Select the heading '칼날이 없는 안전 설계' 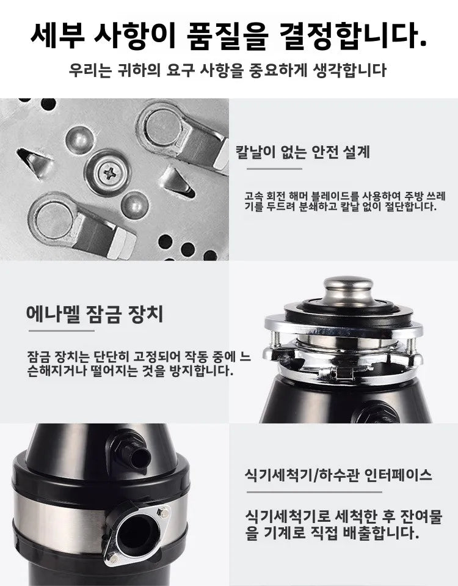point(303,152)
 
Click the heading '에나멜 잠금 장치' point(95,315)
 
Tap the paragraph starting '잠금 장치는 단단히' point(130,364)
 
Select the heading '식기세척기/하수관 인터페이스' point(338,475)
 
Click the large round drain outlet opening point(134,531)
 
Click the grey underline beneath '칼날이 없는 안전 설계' point(269,169)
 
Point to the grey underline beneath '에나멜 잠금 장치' point(61,331)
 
